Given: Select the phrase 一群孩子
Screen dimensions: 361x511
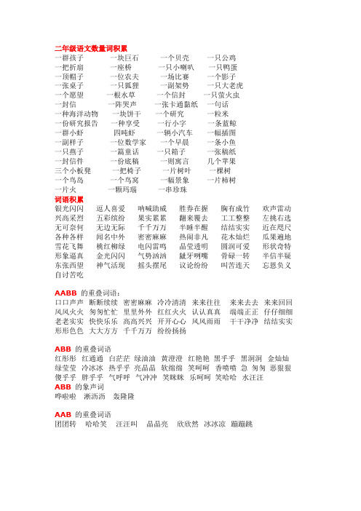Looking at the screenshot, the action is point(69,57).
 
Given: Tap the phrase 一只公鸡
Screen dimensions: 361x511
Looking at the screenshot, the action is point(221,57).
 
